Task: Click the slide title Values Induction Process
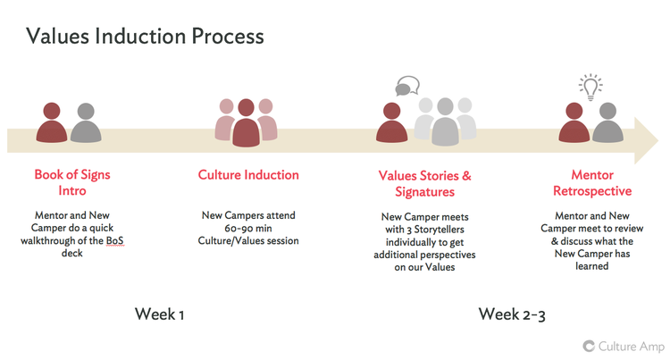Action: tap(145, 36)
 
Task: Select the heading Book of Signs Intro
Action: tap(73, 182)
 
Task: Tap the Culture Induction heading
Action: tap(248, 175)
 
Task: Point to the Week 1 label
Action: tap(160, 314)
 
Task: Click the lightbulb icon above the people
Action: tap(589, 86)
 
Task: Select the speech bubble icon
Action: tap(406, 88)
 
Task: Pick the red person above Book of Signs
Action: tap(52, 124)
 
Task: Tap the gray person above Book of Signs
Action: tap(86, 124)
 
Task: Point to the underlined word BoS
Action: tap(112, 240)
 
